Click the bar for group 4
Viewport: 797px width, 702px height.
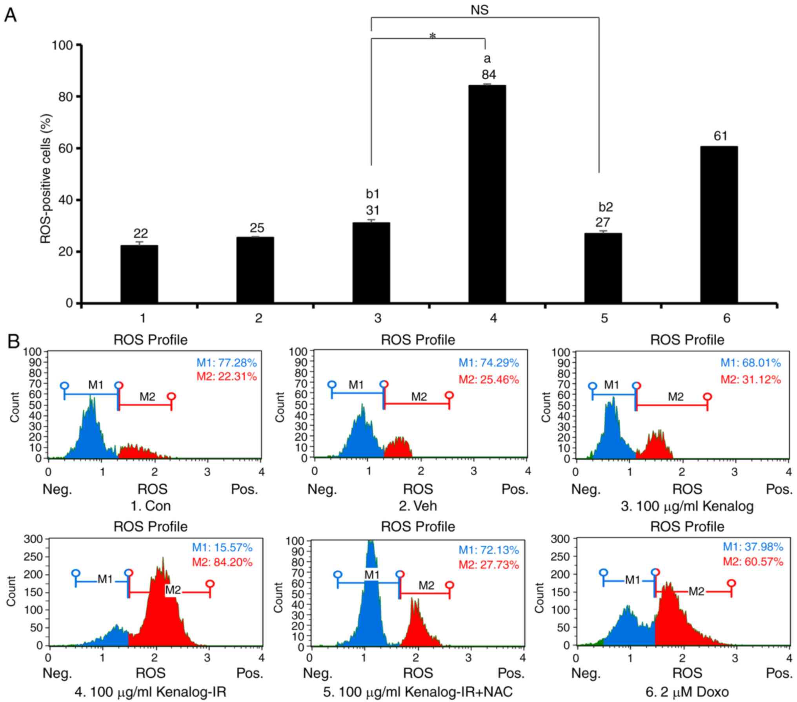tap(487, 194)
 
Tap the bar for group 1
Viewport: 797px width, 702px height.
tap(139, 274)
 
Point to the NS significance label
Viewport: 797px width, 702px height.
tap(480, 10)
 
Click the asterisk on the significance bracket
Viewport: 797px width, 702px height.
tap(433, 36)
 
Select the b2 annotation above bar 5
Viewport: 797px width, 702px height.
tap(605, 207)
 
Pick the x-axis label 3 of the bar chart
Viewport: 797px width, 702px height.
tap(377, 318)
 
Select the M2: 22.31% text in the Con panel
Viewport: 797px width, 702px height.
tap(226, 376)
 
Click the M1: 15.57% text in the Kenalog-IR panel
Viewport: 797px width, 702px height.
tap(222, 547)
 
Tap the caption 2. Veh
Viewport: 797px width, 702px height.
tap(418, 506)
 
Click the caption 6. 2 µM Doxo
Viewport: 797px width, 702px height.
tap(687, 692)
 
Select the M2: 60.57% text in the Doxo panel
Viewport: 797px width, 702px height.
tap(753, 562)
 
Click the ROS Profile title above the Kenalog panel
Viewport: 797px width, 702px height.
tap(687, 339)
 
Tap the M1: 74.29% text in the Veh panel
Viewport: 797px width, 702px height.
tap(489, 363)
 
